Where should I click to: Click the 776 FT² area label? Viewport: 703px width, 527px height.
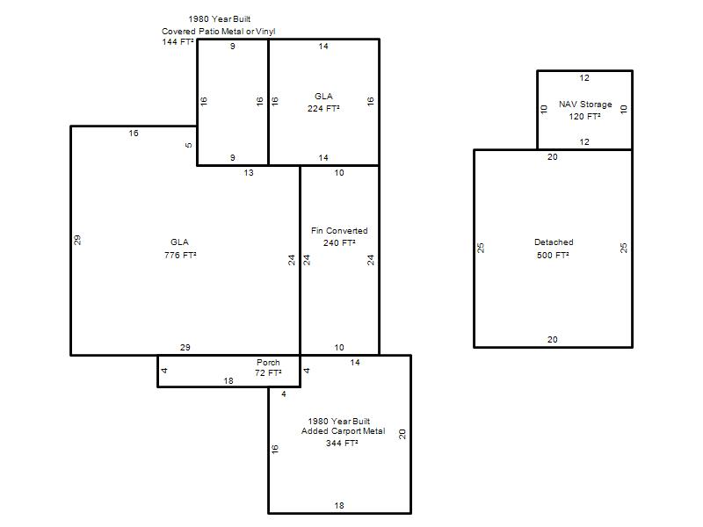click(x=180, y=255)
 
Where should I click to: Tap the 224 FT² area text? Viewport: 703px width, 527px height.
click(x=323, y=108)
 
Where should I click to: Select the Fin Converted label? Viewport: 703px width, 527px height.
click(x=339, y=231)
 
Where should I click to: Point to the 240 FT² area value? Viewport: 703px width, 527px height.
click(x=339, y=243)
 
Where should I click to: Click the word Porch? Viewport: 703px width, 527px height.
click(x=268, y=362)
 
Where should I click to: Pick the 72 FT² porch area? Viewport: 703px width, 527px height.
click(x=268, y=372)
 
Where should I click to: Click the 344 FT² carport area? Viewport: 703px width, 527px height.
click(x=342, y=444)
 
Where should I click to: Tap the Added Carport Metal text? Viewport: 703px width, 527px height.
click(x=343, y=431)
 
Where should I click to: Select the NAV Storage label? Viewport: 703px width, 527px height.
click(x=585, y=105)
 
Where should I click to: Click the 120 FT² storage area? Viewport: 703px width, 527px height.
click(x=584, y=117)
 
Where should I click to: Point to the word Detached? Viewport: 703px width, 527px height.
click(x=554, y=242)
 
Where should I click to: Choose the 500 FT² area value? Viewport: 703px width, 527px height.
click(x=553, y=255)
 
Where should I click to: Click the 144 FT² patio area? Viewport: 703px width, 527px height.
click(x=178, y=41)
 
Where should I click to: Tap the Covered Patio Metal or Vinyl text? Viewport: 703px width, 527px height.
click(x=218, y=32)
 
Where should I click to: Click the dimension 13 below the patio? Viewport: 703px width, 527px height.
click(x=249, y=173)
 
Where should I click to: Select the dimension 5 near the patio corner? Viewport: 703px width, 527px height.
click(x=189, y=145)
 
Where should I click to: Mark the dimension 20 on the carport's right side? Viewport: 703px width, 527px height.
click(x=402, y=434)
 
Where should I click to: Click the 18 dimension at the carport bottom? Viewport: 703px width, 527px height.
click(x=339, y=506)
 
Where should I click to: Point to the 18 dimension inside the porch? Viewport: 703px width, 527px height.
click(x=228, y=381)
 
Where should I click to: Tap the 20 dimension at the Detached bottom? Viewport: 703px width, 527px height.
click(x=553, y=340)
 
